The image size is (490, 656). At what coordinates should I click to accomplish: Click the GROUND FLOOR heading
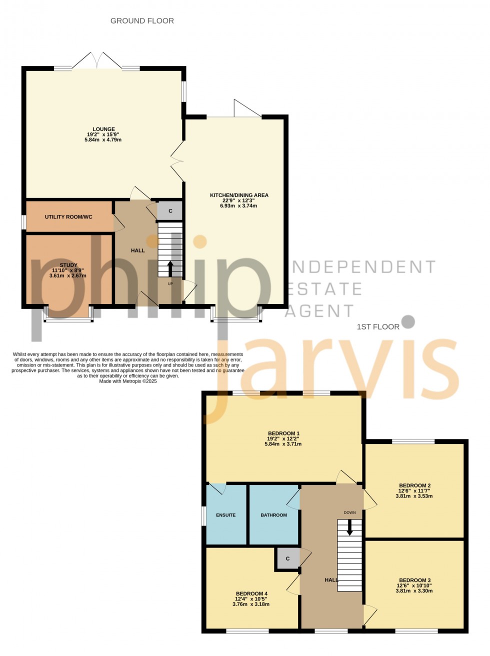click(x=142, y=21)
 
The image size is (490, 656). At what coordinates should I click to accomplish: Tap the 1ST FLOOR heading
click(x=378, y=327)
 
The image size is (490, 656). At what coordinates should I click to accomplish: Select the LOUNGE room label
click(x=103, y=129)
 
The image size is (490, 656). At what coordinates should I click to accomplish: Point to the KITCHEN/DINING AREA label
click(x=239, y=195)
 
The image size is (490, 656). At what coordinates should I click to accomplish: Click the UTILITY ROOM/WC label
click(x=68, y=217)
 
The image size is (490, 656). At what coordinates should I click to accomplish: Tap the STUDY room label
click(x=68, y=265)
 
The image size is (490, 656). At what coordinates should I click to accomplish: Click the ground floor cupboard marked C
click(x=170, y=211)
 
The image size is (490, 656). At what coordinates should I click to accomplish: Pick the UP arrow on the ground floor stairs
click(x=170, y=269)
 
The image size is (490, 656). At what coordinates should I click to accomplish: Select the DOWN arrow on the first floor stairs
click(x=349, y=527)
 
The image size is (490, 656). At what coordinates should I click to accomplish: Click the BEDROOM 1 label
click(x=283, y=433)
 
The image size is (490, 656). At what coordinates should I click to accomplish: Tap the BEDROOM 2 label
click(x=414, y=485)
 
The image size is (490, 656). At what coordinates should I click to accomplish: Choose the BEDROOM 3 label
click(x=414, y=580)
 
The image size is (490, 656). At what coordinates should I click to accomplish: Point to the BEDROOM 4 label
click(x=251, y=594)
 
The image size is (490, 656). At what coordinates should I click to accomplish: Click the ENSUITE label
click(x=226, y=515)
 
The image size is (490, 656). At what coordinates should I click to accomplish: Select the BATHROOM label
click(x=274, y=515)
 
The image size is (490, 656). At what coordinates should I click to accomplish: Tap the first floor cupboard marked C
click(x=287, y=558)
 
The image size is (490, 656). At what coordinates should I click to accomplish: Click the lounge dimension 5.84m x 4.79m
click(x=103, y=140)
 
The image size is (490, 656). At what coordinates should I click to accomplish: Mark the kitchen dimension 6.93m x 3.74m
click(x=239, y=205)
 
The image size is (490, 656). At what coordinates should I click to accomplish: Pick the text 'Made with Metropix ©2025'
click(x=128, y=381)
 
